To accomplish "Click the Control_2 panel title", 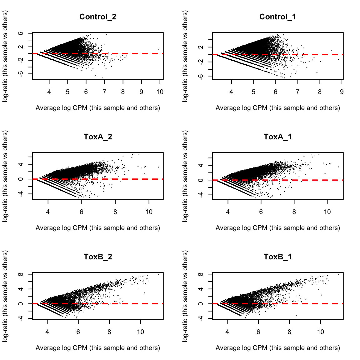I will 98,17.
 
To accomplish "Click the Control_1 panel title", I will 277,17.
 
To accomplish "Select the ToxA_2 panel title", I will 98,137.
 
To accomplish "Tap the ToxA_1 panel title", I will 277,137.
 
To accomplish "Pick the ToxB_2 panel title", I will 98,257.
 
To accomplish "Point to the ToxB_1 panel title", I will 277,257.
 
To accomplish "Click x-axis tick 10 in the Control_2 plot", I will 160,92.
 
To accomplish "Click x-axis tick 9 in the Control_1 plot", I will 342,92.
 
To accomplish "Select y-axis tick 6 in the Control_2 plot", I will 21,33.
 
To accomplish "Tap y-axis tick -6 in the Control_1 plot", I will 201,77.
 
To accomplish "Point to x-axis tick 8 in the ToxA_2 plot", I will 115,212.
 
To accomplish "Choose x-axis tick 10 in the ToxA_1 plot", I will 327,212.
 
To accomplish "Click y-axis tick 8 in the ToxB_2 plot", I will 21,274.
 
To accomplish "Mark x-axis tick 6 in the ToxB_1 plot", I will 258,332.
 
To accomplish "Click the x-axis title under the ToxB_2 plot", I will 98,348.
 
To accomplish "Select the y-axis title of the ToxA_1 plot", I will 185,176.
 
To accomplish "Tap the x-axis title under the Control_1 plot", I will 277,108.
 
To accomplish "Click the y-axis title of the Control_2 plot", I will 5,56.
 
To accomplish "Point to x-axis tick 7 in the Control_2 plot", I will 104,92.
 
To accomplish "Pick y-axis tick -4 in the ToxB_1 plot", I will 201,318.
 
